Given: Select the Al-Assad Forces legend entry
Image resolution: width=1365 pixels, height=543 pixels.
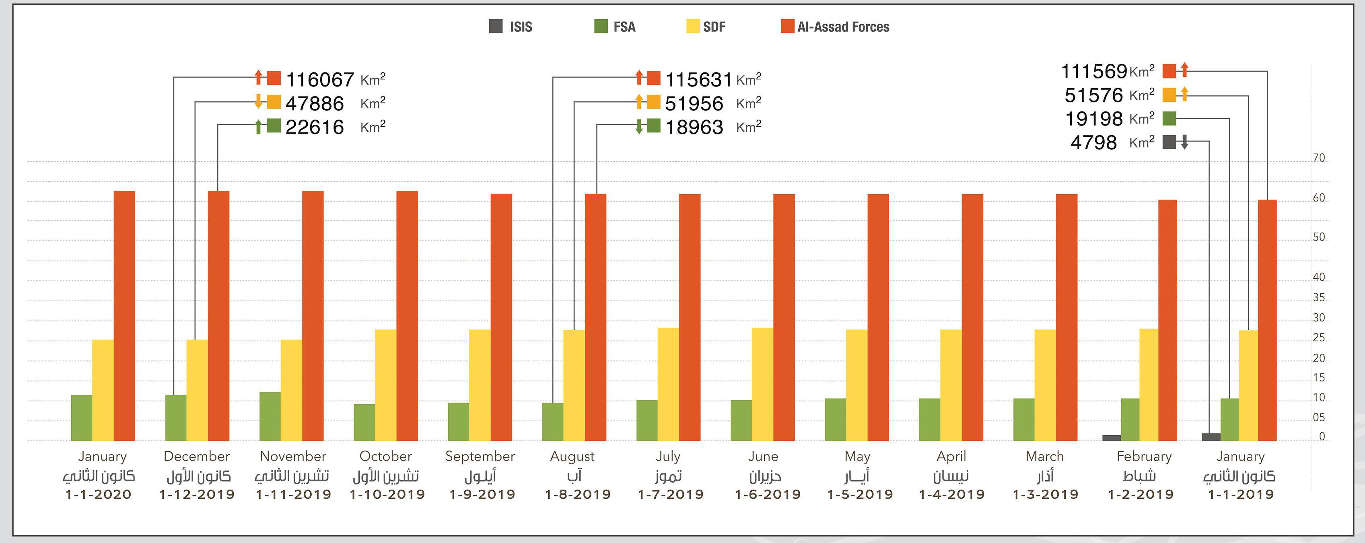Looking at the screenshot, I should coord(835,27).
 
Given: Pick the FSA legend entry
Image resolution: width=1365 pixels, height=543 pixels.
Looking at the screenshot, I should coord(615,27).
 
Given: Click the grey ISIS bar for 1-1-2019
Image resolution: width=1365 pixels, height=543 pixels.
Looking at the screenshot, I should coord(1211,437).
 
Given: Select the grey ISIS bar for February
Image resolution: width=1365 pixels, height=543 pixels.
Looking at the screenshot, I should coord(1111,438).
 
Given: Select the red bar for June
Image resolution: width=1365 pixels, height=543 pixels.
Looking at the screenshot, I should coord(784,317).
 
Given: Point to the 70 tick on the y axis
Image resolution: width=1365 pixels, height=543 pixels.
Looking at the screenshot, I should coord(1319,158).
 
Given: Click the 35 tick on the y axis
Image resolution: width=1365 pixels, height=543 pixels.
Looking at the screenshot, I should coord(1319,297).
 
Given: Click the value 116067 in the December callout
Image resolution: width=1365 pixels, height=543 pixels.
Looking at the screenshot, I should coord(319,80).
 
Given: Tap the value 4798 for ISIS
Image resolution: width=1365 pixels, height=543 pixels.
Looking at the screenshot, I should coord(1093,142).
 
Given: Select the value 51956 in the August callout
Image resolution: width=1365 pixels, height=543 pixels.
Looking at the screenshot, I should coord(694,104).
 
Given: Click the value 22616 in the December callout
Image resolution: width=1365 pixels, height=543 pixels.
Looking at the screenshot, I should coord(315,127).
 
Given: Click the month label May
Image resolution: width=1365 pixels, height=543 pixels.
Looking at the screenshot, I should coord(857,456).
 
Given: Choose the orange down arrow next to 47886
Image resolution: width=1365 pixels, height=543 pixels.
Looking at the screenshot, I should coord(258,101).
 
